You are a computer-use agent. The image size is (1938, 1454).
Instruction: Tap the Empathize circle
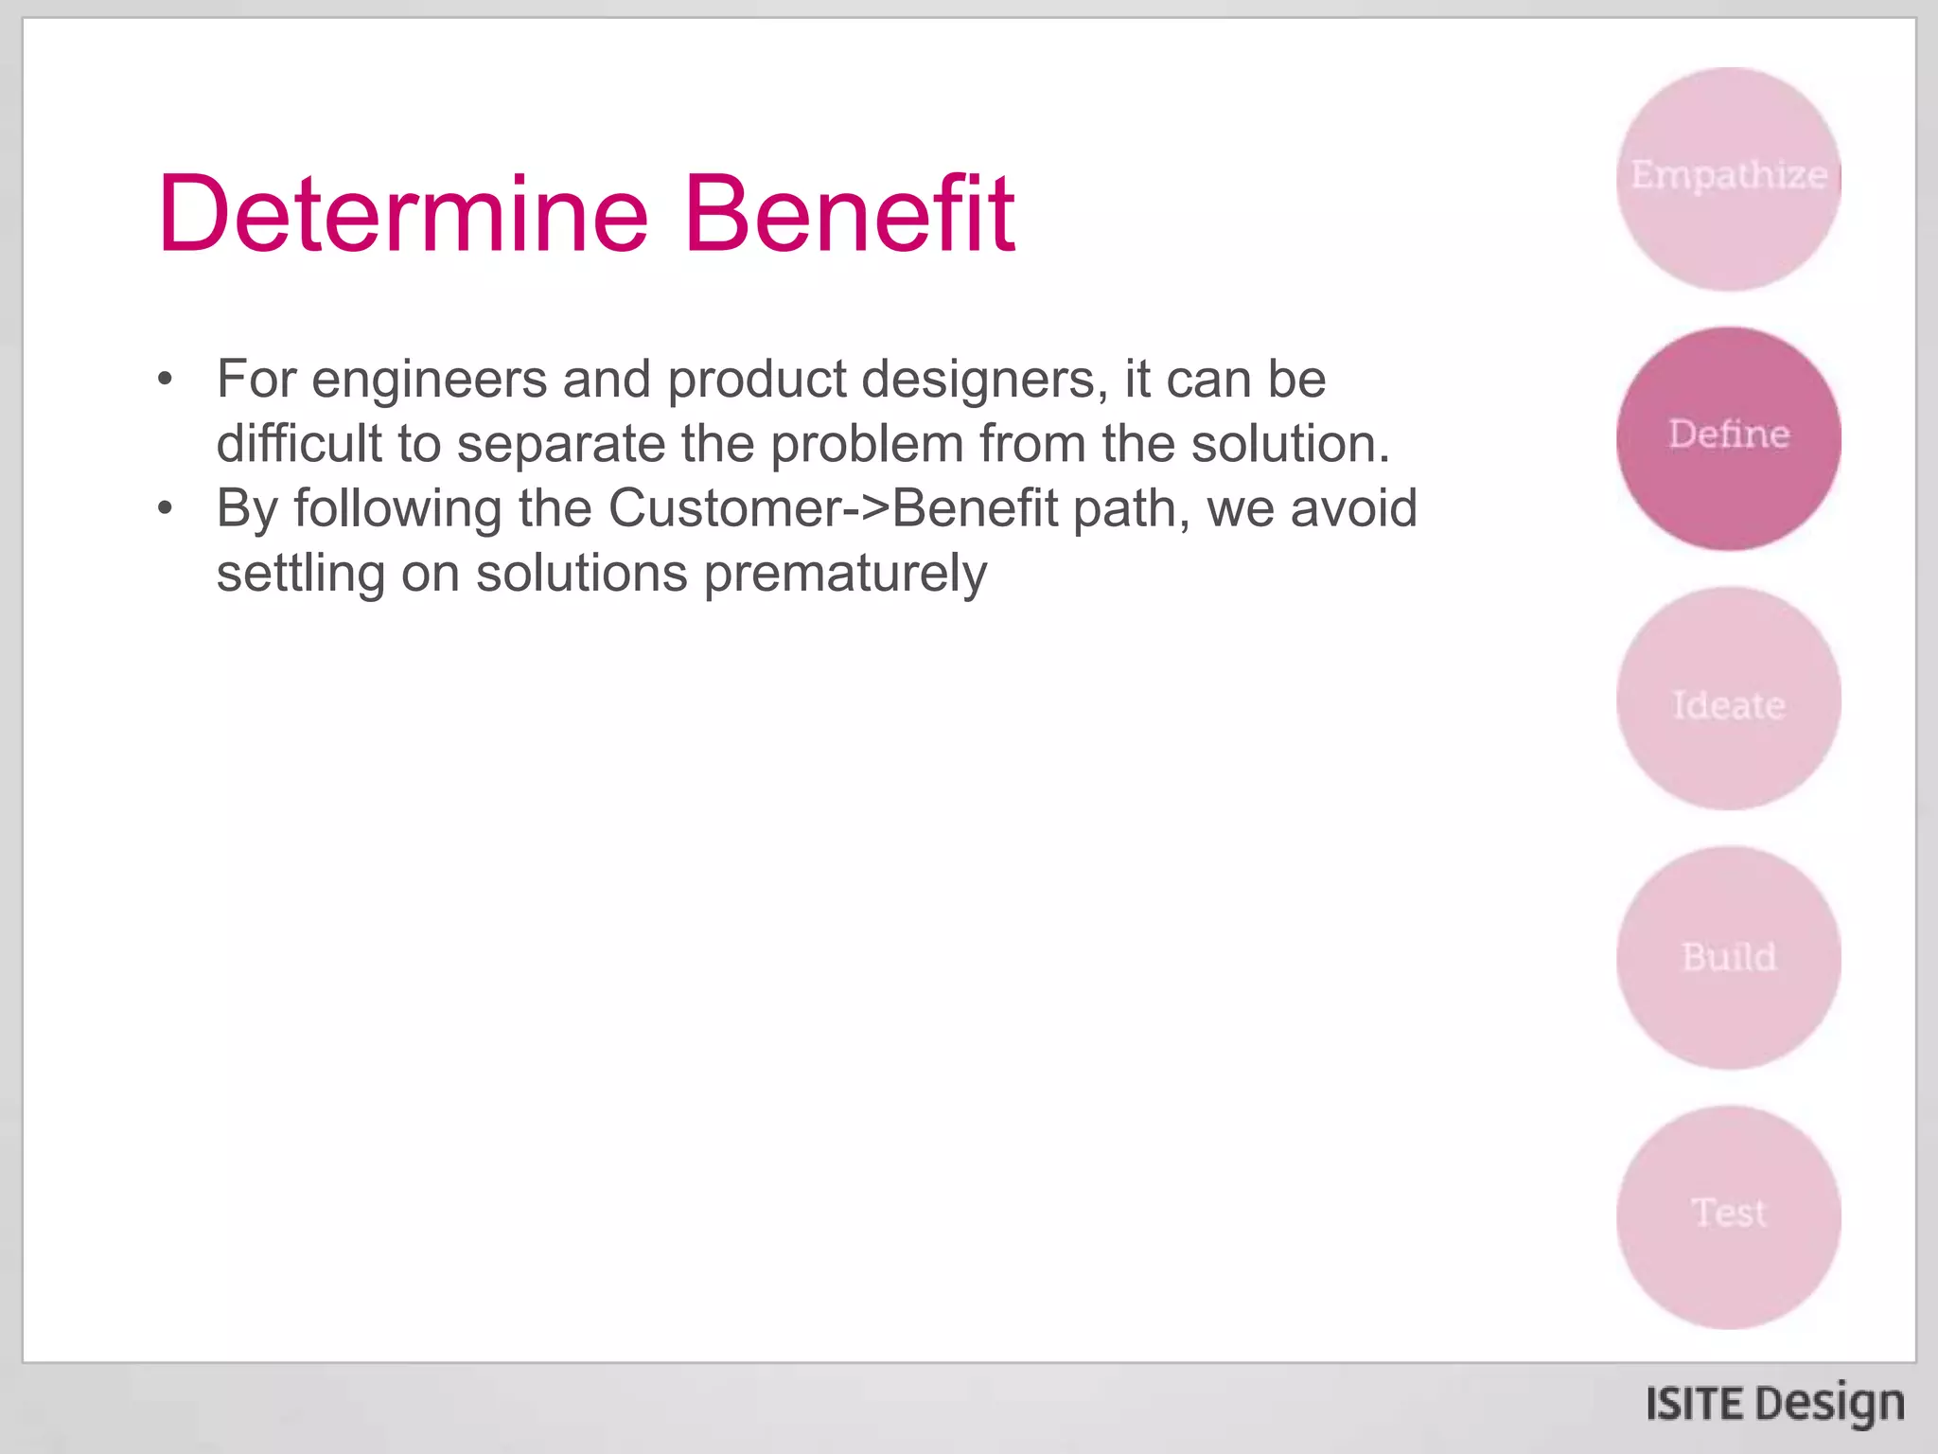[1729, 179]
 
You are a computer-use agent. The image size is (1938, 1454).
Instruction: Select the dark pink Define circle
[1729, 438]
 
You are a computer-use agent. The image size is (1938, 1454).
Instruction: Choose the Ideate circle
[1729, 699]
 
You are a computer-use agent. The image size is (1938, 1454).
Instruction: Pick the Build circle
[1729, 958]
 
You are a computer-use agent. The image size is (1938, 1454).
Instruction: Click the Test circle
[1729, 1217]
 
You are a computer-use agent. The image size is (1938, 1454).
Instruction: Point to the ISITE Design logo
[1774, 1404]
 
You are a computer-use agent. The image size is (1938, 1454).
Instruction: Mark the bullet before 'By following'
[166, 509]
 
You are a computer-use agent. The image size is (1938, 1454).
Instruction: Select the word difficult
[298, 444]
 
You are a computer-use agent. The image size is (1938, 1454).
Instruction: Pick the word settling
[300, 574]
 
